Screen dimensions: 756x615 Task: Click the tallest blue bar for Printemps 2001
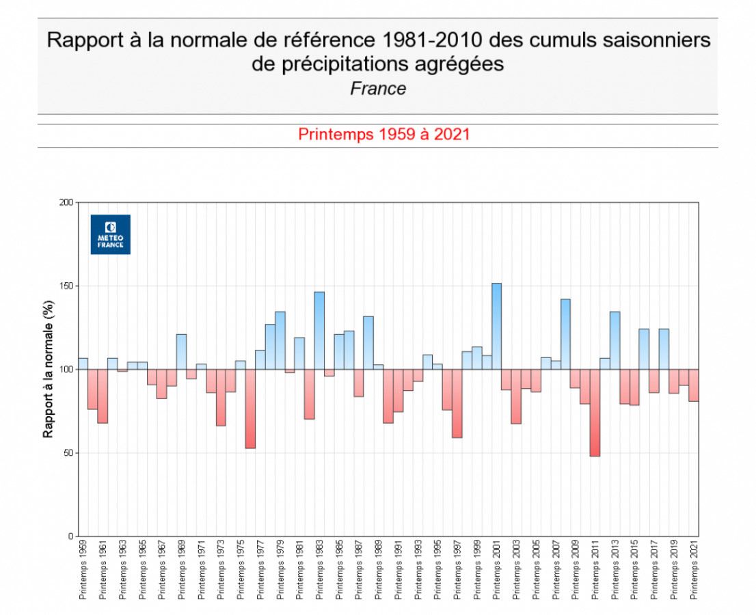(x=497, y=327)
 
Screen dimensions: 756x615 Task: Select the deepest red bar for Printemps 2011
(x=595, y=413)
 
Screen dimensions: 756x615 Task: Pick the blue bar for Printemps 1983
(x=319, y=331)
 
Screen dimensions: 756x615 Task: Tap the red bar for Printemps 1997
(x=457, y=403)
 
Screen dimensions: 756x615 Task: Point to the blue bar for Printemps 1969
(x=181, y=352)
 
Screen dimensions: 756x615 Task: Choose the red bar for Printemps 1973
(x=221, y=398)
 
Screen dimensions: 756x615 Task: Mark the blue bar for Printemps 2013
(x=615, y=341)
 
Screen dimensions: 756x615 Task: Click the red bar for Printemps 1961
(x=103, y=396)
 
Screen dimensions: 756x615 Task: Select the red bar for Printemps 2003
(x=516, y=396)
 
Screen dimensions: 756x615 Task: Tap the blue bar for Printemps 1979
(x=280, y=341)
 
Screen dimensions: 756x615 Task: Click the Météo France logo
(x=111, y=234)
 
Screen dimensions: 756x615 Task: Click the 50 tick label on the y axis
(x=68, y=453)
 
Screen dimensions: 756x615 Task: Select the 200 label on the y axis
(x=66, y=202)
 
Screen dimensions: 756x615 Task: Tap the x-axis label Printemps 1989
(x=379, y=570)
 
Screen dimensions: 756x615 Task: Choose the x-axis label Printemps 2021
(x=694, y=570)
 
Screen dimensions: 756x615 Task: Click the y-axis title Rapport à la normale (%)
(x=49, y=369)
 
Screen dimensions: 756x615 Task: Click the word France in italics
(x=378, y=89)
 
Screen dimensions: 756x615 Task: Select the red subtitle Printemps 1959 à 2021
(x=383, y=134)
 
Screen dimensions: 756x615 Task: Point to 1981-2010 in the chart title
(x=431, y=40)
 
